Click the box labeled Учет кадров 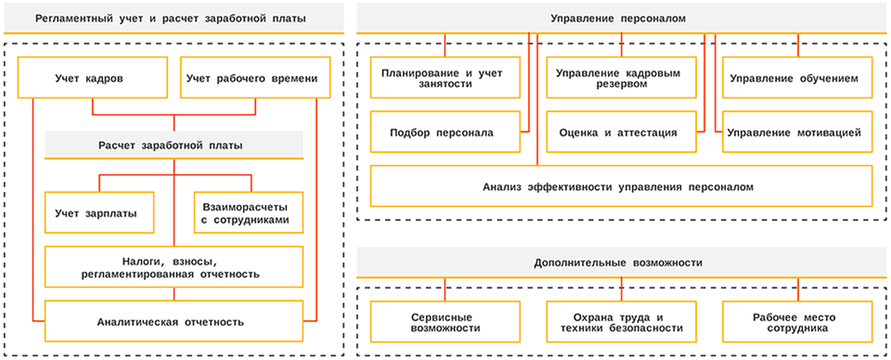point(93,78)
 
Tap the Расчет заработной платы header point(173,145)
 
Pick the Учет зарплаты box point(99,213)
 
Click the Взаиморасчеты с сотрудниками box point(249,213)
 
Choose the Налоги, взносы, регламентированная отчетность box point(173,267)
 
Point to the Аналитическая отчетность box point(173,322)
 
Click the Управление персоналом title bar point(622,19)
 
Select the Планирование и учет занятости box point(445,78)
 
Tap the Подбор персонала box point(445,132)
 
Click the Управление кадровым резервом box point(621,78)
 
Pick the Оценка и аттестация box point(621,132)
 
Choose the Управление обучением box point(798,78)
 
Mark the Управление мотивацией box point(798,132)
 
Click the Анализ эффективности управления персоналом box point(621,187)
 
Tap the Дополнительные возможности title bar point(622,263)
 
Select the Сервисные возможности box point(445,322)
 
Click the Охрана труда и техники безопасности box point(621,322)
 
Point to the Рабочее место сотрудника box point(798,322)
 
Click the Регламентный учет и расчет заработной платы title point(173,19)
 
